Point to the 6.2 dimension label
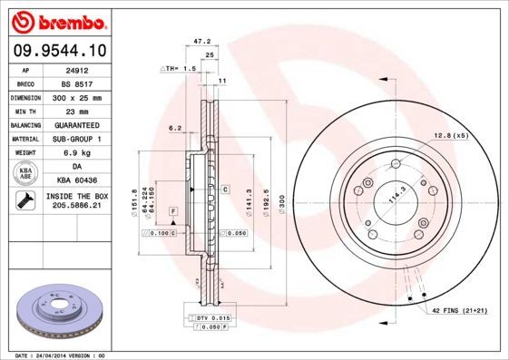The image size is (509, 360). tap(175, 128)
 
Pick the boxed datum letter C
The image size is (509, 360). tap(223, 189)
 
